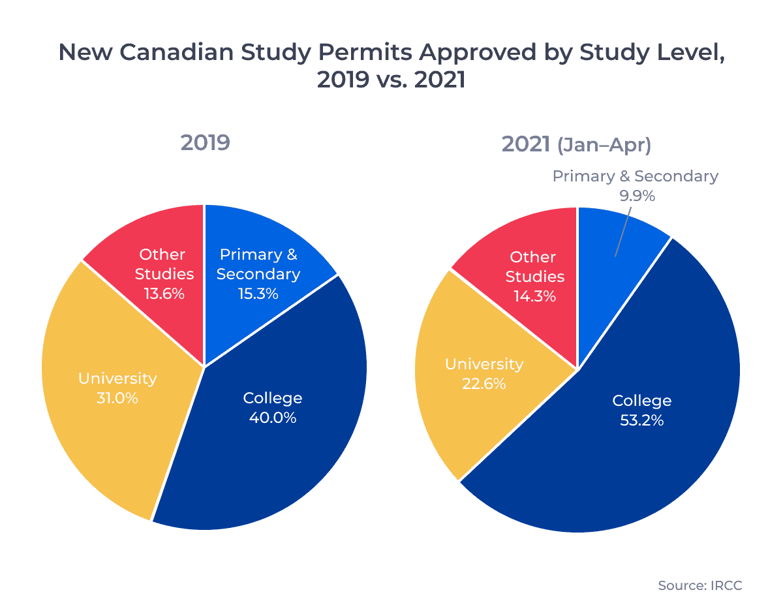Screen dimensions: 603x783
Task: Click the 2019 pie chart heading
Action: pos(205,142)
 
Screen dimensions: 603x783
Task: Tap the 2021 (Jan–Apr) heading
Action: pos(576,145)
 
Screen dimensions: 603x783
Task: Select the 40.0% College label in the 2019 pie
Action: pos(273,418)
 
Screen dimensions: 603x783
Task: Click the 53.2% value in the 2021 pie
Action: pos(641,420)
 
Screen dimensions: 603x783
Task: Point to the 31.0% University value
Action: pos(117,398)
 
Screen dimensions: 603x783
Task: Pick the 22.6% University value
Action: pos(484,384)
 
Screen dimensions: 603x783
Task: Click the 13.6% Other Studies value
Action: pos(164,294)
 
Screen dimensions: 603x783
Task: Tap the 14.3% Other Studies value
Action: pos(534,296)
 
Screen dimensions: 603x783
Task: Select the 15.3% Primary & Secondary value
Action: pos(258,294)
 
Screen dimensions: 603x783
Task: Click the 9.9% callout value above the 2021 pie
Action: pos(636,196)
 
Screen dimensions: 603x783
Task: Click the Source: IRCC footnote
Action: pos(699,585)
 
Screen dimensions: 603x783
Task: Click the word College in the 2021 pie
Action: pos(641,401)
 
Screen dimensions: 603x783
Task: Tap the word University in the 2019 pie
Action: pos(117,379)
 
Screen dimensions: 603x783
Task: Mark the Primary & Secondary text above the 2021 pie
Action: pos(636,176)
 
